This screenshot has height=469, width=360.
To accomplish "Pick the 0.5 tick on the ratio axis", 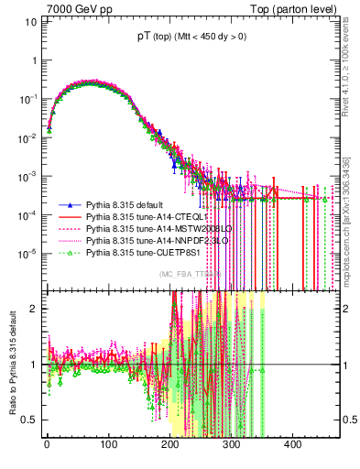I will click(30, 420).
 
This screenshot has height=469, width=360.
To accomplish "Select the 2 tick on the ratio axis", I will click(34, 308).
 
